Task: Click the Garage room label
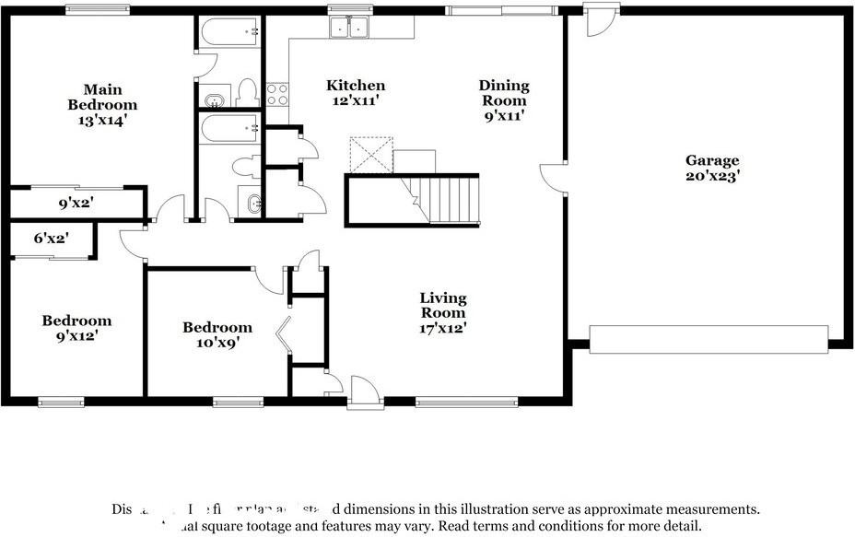tap(710, 167)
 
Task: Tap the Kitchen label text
tap(356, 93)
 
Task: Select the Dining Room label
tap(504, 100)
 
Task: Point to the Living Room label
tap(443, 312)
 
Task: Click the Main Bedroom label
tap(102, 104)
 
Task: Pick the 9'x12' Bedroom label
tap(76, 328)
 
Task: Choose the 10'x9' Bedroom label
tap(217, 334)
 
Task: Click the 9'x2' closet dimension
tap(76, 203)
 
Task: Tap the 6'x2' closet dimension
tap(52, 239)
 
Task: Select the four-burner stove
tap(277, 94)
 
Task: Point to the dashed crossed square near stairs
tap(370, 155)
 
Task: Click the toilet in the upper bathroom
tap(246, 91)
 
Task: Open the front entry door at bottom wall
tap(366, 391)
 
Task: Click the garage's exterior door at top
tap(601, 21)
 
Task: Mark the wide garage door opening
tap(708, 339)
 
